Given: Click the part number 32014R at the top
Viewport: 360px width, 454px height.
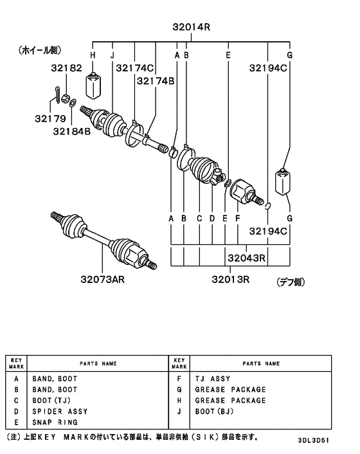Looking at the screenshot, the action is (x=192, y=27).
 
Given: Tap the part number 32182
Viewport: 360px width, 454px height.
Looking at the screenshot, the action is (x=67, y=68).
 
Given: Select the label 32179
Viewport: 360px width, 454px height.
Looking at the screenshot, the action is (x=50, y=118).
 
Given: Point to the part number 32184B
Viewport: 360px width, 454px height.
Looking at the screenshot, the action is (x=72, y=131).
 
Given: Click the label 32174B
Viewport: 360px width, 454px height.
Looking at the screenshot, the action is (x=156, y=81).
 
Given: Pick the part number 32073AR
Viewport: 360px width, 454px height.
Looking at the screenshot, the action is (x=102, y=279).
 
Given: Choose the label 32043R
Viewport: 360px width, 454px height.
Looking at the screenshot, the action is (x=246, y=258).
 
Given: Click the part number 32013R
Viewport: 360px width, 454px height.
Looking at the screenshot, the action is (x=230, y=279).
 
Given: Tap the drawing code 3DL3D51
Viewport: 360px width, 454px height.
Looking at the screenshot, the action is (x=314, y=440).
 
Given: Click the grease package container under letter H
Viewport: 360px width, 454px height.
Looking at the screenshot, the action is (x=93, y=85).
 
